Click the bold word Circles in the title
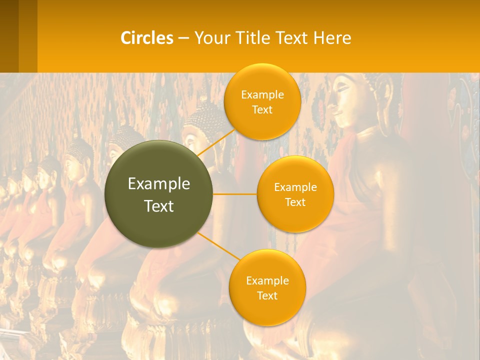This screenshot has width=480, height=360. click(147, 38)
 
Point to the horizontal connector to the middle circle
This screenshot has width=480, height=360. click(234, 194)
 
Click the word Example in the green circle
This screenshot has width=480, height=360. click(158, 184)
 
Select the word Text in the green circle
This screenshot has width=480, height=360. click(158, 206)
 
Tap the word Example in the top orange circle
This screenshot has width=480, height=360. click(262, 95)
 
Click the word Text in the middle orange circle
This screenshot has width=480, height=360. click(295, 202)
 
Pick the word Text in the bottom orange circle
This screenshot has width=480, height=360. click(267, 296)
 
